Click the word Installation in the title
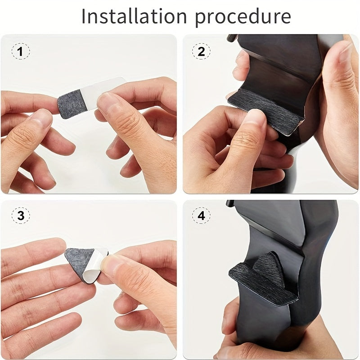coord(134,16)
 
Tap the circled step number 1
coord(20,51)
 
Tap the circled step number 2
coord(201,51)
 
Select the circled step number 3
coord(20,216)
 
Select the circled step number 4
coord(201,216)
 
